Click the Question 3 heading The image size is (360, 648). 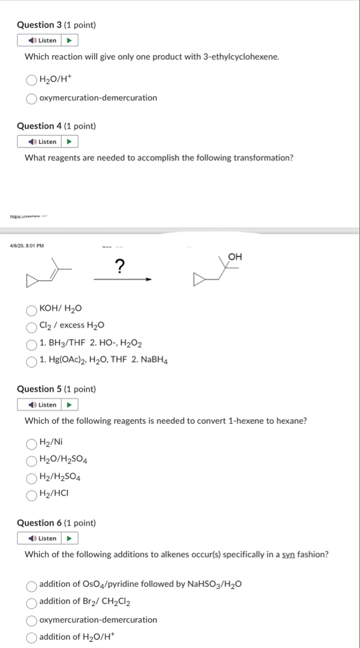pyautogui.click(x=56, y=25)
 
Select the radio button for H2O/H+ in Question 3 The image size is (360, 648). pyautogui.click(x=31, y=81)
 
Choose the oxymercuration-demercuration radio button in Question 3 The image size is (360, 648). pyautogui.click(x=31, y=98)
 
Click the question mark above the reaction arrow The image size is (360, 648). pyautogui.click(x=119, y=265)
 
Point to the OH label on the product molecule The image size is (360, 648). pyautogui.click(x=235, y=257)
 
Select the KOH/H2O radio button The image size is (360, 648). pyautogui.click(x=31, y=309)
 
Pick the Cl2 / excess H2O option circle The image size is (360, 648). pyautogui.click(x=31, y=326)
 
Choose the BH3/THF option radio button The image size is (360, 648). pyautogui.click(x=31, y=343)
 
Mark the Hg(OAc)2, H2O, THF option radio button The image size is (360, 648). pyautogui.click(x=31, y=361)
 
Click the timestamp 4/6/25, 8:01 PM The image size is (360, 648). pyautogui.click(x=27, y=245)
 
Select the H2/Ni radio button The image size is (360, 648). pyautogui.click(x=31, y=443)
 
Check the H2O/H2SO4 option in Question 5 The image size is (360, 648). pyautogui.click(x=31, y=461)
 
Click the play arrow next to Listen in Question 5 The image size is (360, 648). pyautogui.click(x=69, y=405)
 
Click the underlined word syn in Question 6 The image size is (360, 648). pyautogui.click(x=289, y=555)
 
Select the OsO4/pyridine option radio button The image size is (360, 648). pyautogui.click(x=31, y=585)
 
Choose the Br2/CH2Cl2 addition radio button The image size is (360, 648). pyautogui.click(x=31, y=602)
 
